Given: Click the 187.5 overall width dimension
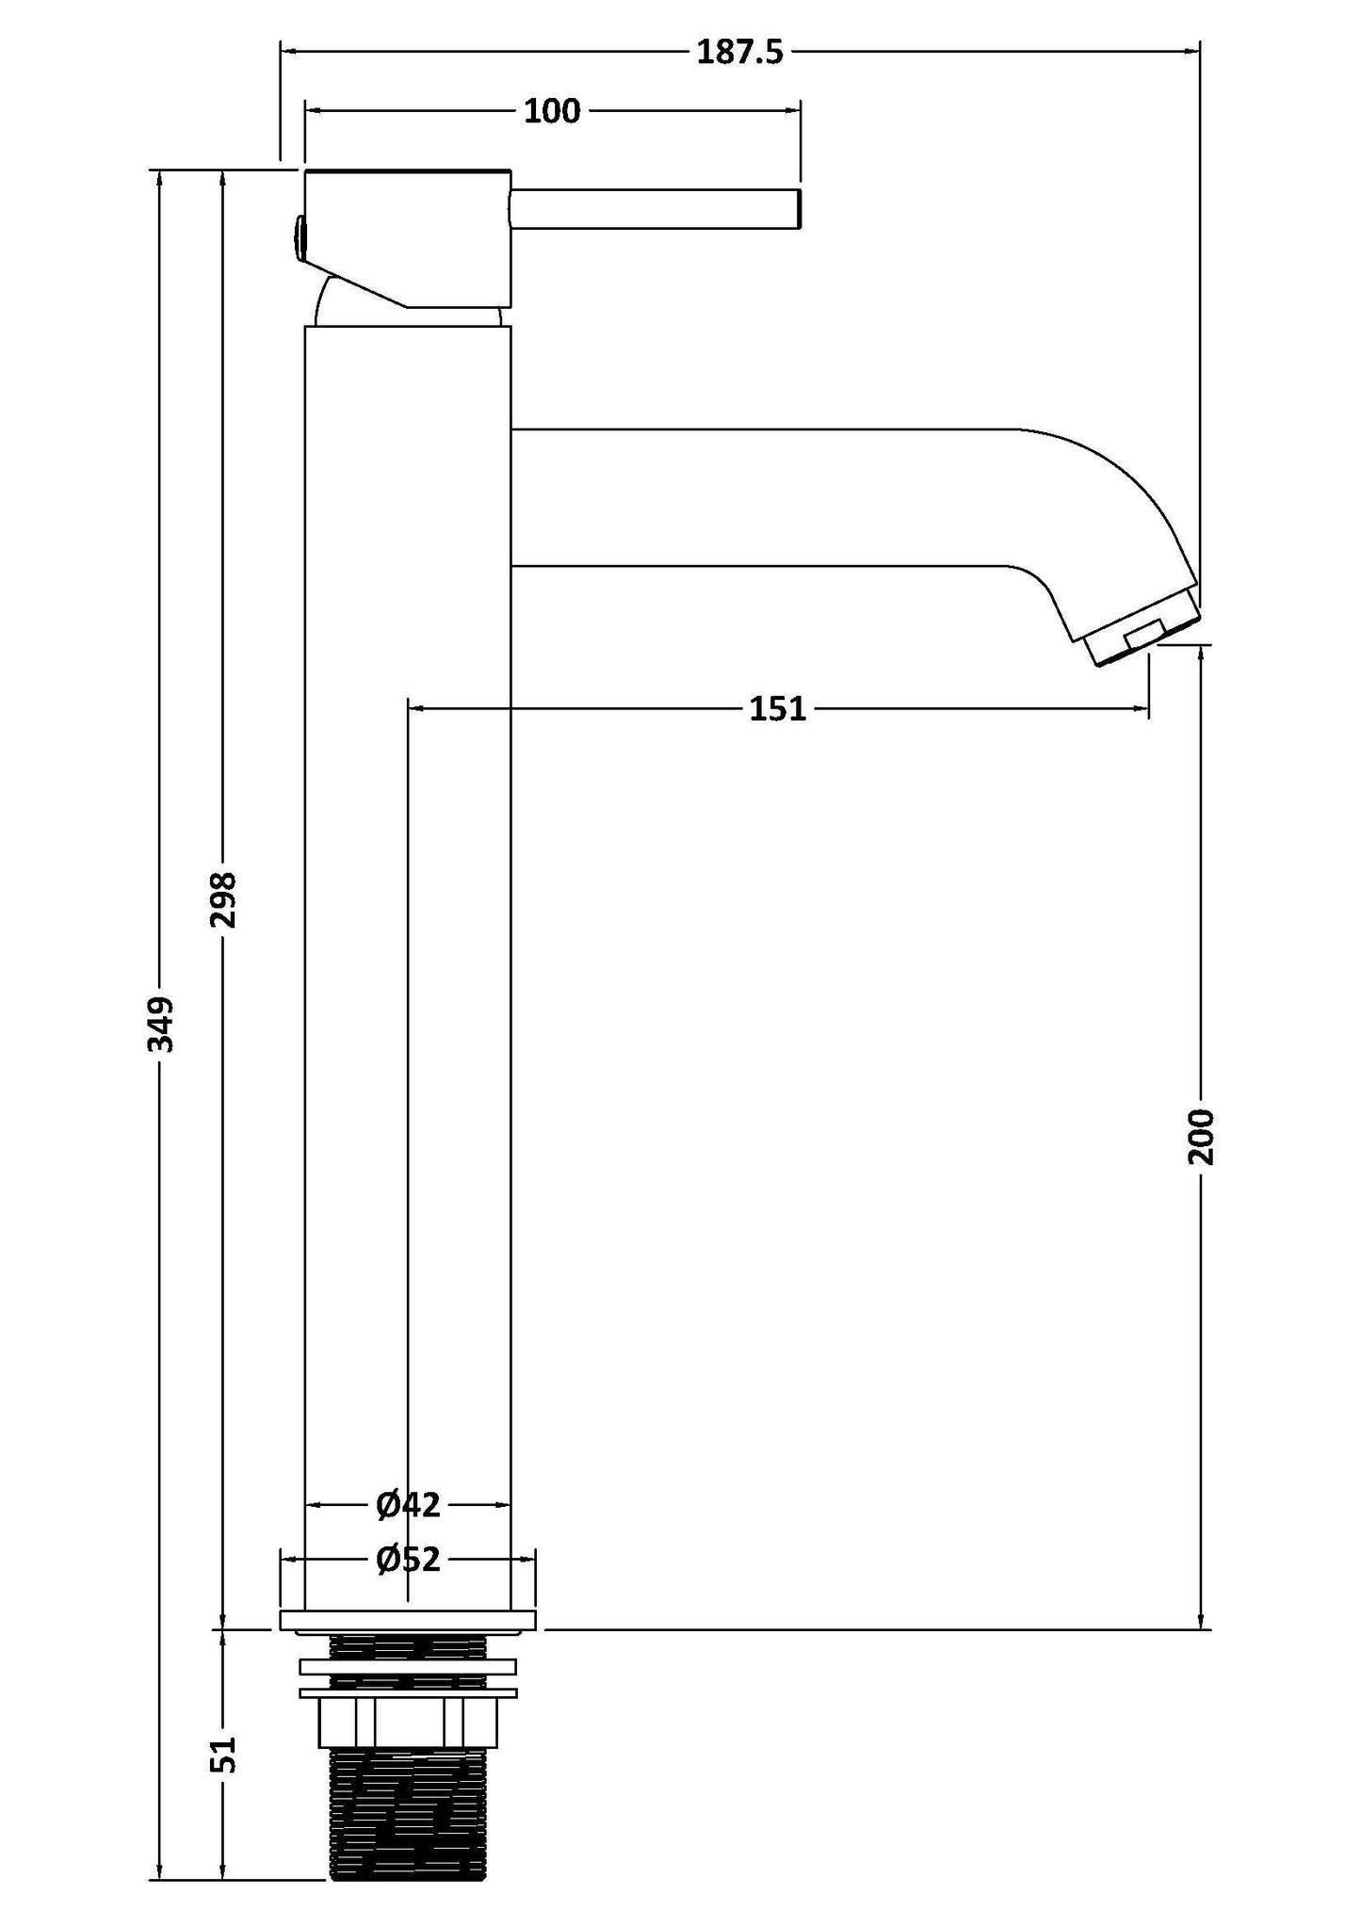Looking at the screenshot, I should pos(739,52).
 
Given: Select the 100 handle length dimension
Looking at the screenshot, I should pos(552,111).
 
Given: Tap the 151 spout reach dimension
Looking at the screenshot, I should pos(778,707).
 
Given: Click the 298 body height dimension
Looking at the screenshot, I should pos(223,899).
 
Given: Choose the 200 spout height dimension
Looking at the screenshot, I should pos(1202,1137).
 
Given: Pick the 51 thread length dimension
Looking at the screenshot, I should pos(223,1755).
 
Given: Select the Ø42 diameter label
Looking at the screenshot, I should pos(408,1504).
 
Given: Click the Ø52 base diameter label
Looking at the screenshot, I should pos(408,1560).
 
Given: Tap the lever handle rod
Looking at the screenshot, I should pos(655,208).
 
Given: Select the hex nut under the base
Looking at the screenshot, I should pos(408,1724).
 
